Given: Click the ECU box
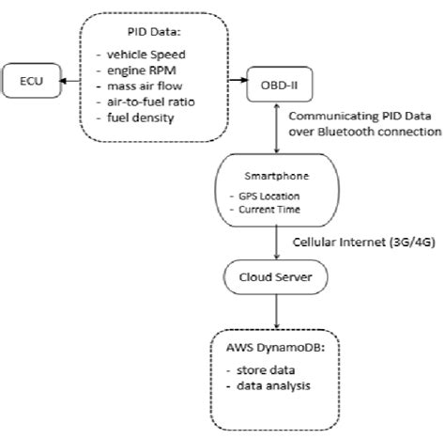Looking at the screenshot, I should pos(32,82).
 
